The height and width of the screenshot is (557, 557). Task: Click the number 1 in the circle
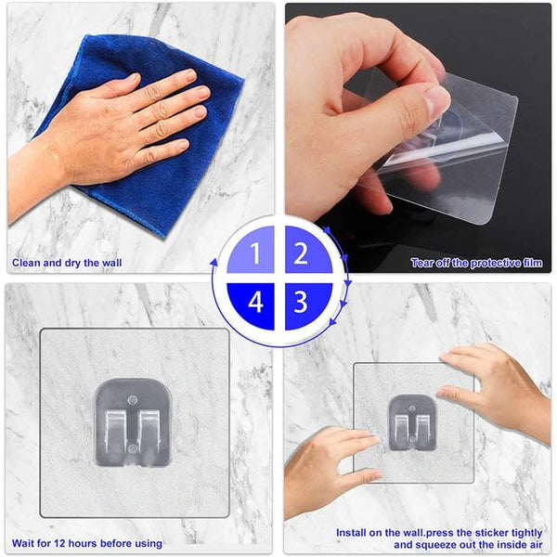click(255, 253)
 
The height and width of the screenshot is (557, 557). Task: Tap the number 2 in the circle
click(301, 253)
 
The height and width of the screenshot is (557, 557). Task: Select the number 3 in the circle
click(301, 302)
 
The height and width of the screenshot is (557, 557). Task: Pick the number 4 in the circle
click(256, 303)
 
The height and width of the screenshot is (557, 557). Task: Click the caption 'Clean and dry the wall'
click(67, 263)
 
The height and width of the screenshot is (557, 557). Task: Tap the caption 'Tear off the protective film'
click(477, 263)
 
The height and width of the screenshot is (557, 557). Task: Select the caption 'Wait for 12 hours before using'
click(87, 543)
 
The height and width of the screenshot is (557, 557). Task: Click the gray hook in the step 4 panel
click(133, 422)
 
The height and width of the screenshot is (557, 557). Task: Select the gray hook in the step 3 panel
click(411, 422)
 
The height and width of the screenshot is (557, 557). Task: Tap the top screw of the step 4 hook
click(133, 400)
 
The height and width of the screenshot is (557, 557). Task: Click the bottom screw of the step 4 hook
click(133, 449)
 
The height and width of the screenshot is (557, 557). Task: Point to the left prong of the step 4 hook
click(115, 434)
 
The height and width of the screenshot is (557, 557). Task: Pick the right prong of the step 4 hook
click(149, 434)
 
